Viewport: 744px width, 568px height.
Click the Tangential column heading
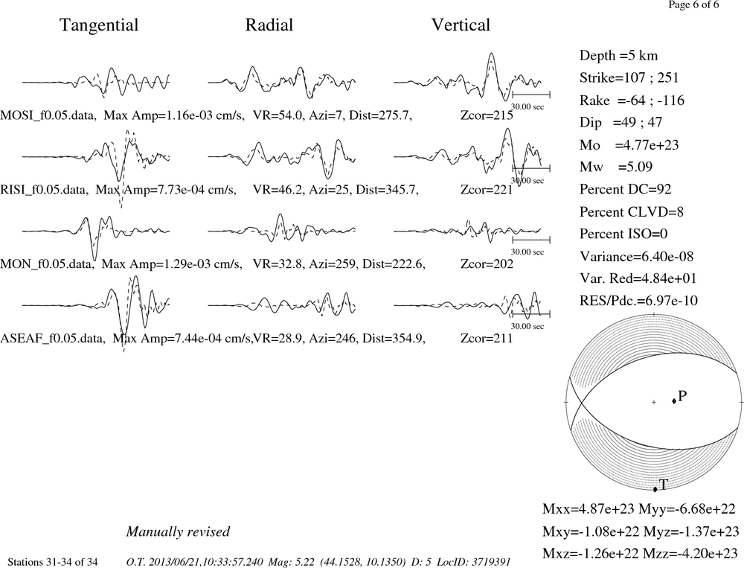pos(99,25)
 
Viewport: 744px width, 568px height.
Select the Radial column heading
pos(269,25)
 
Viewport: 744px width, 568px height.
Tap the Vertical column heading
pos(461,25)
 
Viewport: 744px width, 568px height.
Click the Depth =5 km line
pos(618,56)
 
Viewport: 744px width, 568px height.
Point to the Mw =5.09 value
pos(616,167)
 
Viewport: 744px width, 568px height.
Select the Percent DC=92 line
pos(626,190)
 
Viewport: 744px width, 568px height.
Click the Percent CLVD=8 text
pos(632,212)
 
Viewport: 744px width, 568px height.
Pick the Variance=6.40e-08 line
pos(636,257)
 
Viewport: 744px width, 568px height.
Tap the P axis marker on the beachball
pos(674,401)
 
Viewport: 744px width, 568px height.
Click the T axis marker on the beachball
pos(655,489)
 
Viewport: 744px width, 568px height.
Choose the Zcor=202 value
pos(487,264)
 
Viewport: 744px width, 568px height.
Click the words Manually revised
pos(178,532)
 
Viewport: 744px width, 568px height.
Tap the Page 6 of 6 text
pos(693,4)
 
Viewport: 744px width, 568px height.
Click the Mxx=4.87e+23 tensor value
pos(589,509)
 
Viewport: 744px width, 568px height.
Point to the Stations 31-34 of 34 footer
pos(53,562)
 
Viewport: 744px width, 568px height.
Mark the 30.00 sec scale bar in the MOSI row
pos(531,94)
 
